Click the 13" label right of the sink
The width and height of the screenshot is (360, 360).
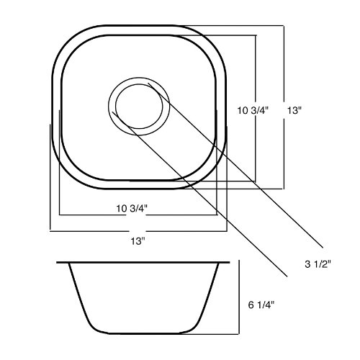point(294,111)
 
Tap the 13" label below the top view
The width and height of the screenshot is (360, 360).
point(138,241)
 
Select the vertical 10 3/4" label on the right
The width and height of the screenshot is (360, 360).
point(253,111)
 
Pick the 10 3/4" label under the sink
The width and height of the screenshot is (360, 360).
point(132,208)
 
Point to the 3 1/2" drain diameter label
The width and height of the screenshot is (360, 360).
point(318,264)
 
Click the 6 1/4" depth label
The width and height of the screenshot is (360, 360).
point(261,305)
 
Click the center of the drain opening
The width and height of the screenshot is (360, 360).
point(139,107)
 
